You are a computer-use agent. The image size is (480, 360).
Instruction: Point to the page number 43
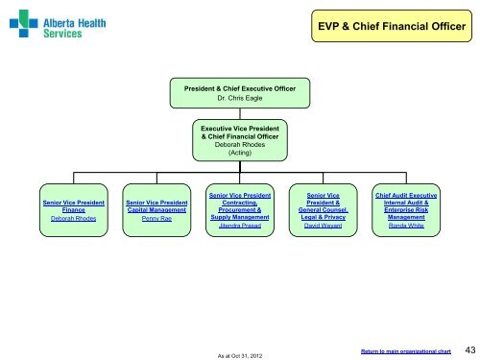click(467, 348)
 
